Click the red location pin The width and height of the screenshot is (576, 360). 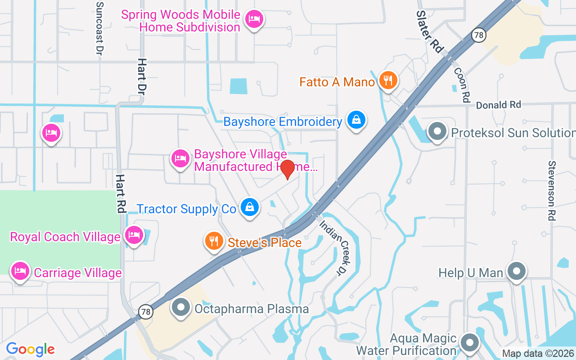coord(287,169)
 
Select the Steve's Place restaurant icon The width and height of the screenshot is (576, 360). coord(214,241)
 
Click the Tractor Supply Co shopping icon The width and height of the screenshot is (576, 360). coord(249,207)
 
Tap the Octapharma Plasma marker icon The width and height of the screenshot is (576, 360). coord(181,307)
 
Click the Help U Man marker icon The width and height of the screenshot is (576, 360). coord(517,271)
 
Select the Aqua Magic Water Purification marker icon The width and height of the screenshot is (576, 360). coord(470,343)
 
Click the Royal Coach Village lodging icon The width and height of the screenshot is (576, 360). coord(134,235)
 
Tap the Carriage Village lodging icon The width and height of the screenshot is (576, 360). coord(20,271)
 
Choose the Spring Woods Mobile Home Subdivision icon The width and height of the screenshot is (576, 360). coord(254,19)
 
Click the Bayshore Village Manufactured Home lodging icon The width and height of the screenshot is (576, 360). coord(180,158)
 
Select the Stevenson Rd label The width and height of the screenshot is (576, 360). coord(552,190)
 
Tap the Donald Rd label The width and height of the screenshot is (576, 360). coord(498,105)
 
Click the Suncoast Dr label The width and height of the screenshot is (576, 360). coord(99,28)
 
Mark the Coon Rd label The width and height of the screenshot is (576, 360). coord(462,85)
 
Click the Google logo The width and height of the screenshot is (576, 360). coord(30,349)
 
